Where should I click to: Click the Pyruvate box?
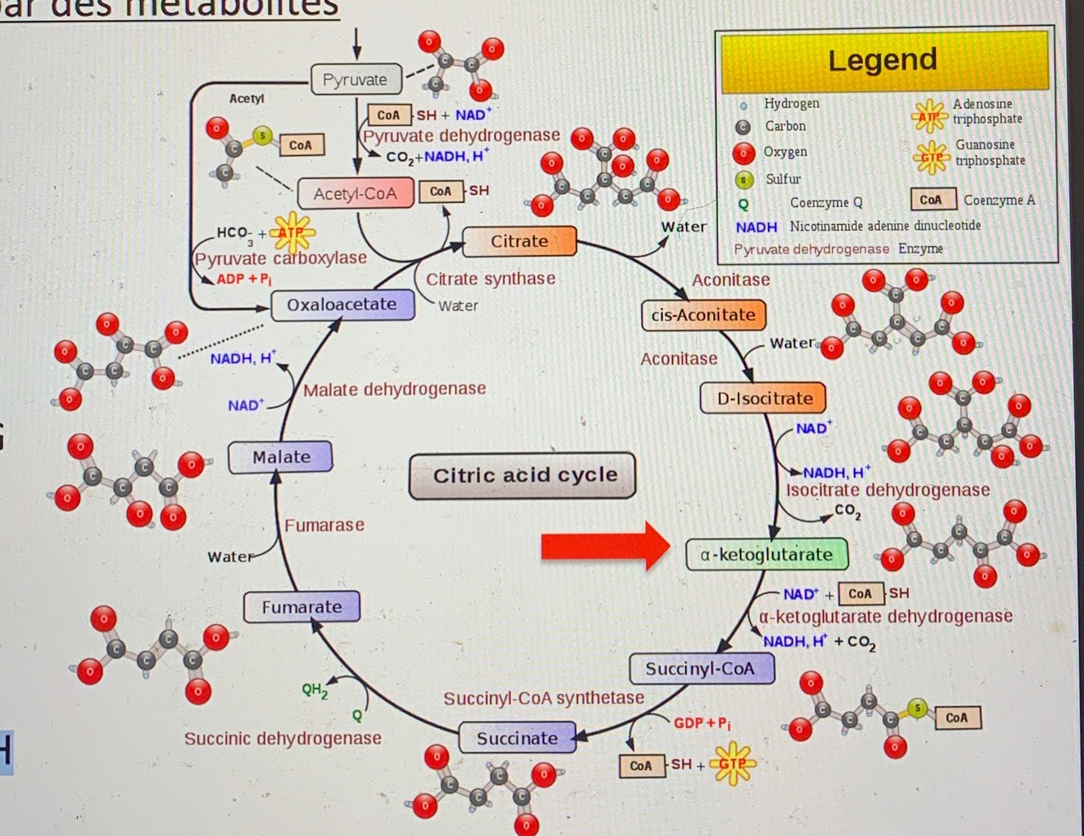[x=356, y=80]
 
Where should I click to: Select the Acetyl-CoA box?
[x=355, y=193]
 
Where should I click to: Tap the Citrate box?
[x=519, y=241]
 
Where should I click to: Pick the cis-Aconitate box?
[x=704, y=315]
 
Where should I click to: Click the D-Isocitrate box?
[x=764, y=398]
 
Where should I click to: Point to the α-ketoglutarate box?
[x=766, y=555]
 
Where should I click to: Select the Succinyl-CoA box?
[x=700, y=669]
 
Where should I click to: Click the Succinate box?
[x=517, y=739]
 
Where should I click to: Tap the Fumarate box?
[x=301, y=607]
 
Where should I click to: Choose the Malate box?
[x=281, y=457]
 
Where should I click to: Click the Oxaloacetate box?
[x=342, y=305]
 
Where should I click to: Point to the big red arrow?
[x=605, y=546]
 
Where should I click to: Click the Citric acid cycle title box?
[x=523, y=475]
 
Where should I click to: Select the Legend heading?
[x=883, y=60]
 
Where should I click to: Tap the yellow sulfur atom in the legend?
[x=744, y=180]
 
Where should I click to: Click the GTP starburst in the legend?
[x=931, y=157]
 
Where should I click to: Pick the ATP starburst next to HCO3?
[x=291, y=233]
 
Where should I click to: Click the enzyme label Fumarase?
[x=324, y=525]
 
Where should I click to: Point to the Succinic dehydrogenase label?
[x=283, y=739]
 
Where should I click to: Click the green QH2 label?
[x=314, y=691]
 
